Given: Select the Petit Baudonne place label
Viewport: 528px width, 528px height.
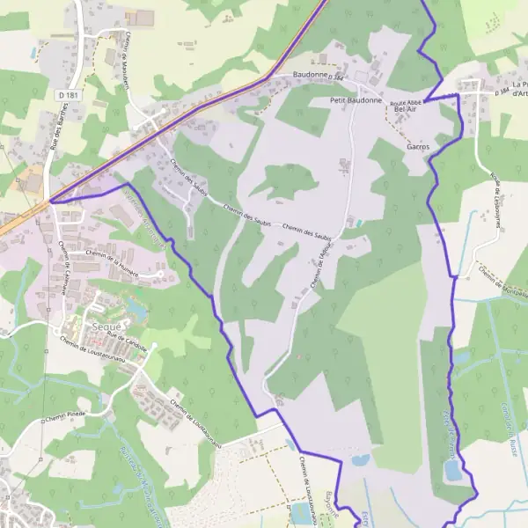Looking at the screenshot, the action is [356, 100].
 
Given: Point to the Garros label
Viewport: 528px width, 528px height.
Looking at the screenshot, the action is [418, 147].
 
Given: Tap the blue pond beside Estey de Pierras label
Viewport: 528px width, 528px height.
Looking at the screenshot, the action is [452, 472].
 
